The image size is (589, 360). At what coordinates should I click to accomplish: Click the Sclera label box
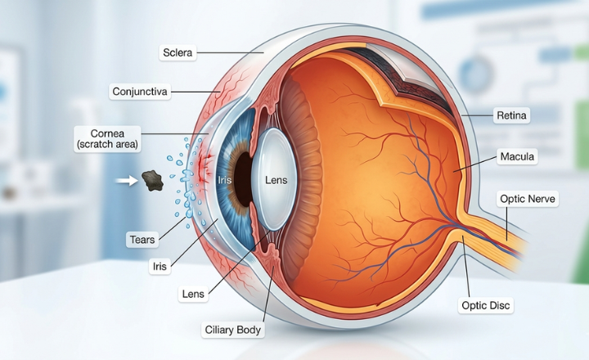pos(177,52)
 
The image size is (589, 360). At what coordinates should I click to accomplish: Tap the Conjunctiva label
pos(139,91)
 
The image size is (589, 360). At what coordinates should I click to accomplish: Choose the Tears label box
pos(142,239)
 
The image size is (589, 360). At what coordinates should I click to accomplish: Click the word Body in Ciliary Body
pos(249,330)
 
